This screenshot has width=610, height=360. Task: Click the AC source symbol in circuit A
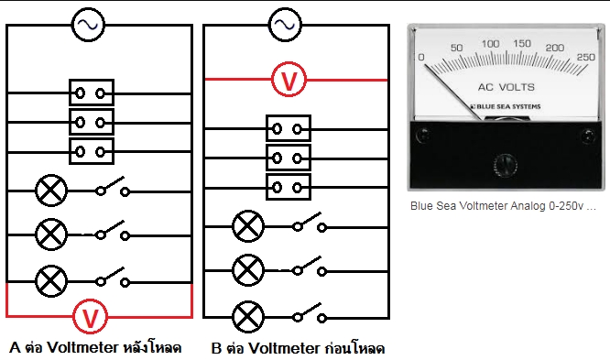tap(88, 25)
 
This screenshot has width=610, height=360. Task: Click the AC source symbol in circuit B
tap(285, 25)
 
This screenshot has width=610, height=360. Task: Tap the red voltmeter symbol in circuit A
tap(90, 316)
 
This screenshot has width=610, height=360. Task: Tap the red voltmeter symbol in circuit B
tap(289, 80)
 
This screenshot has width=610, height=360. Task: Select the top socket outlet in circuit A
tap(92, 93)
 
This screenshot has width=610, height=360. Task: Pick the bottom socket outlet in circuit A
tap(92, 151)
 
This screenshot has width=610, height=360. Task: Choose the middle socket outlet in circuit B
tap(289, 158)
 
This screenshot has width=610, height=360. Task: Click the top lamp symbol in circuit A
tap(51, 191)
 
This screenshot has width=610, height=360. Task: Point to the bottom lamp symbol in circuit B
tap(248, 317)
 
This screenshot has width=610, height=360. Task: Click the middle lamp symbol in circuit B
tap(248, 270)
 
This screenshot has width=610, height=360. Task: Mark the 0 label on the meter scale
tap(421, 57)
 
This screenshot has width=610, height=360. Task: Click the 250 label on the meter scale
tap(586, 57)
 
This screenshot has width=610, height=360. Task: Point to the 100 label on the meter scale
tap(490, 44)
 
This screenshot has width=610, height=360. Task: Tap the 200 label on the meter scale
tap(555, 48)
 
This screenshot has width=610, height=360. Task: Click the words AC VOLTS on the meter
tap(507, 87)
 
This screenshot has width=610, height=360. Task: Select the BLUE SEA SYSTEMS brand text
tap(506, 106)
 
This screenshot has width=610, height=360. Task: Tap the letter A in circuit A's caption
tap(15, 347)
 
